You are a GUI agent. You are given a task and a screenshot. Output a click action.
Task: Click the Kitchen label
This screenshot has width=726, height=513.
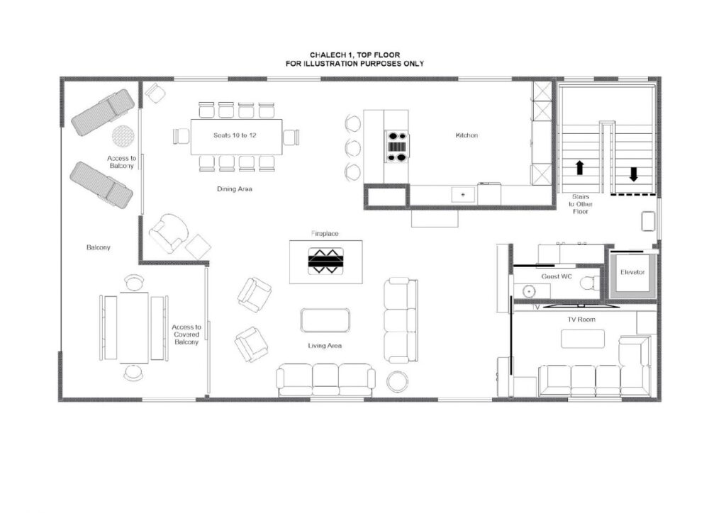467,135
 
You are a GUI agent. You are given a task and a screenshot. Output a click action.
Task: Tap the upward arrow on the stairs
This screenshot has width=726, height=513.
580,167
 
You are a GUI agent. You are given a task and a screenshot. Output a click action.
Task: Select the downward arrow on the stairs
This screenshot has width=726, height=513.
633,174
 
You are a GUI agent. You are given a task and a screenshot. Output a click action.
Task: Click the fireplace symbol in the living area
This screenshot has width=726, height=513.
326,261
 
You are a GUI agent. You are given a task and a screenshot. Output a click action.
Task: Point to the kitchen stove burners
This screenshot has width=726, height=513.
398,147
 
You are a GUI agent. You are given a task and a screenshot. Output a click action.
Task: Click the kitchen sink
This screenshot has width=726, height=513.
463,194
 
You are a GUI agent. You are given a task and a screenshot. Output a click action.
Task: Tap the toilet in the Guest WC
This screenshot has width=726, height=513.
589,283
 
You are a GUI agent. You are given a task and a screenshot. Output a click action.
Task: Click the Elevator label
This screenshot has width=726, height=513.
632,272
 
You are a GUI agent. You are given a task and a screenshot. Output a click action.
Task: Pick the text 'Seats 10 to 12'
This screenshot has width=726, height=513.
235,135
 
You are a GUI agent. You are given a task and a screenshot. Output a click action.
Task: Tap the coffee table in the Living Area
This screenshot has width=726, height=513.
325,320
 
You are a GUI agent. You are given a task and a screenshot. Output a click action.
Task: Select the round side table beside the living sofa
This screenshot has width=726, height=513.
397,382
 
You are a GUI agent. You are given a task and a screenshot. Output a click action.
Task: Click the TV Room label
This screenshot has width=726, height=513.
581,319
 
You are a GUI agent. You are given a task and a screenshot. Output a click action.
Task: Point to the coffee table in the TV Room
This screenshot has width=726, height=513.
583,339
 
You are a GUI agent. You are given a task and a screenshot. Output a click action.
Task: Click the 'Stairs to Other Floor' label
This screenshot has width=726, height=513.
580,204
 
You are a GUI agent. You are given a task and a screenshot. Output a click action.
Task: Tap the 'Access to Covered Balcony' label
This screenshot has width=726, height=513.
186,334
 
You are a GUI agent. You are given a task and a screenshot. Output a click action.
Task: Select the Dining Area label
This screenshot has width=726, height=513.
234,188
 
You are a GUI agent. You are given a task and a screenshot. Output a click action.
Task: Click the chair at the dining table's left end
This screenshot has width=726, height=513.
181,137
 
